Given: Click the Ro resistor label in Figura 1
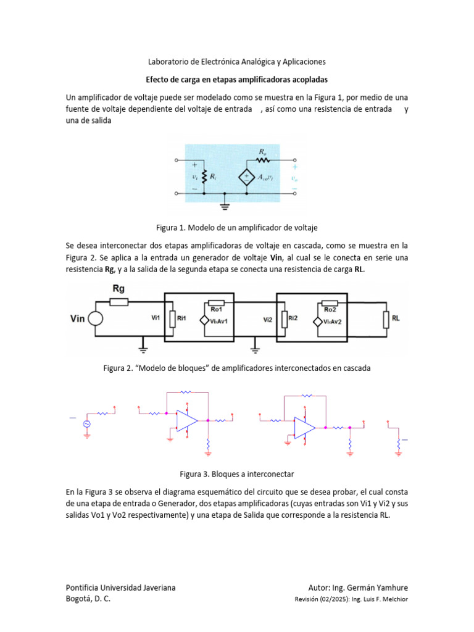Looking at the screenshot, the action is pyautogui.click(x=264, y=151).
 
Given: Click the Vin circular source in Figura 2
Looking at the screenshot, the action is pyautogui.click(x=95, y=319).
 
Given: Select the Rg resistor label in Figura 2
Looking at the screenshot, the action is pyautogui.click(x=120, y=289).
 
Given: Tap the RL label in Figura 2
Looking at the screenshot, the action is pyautogui.click(x=396, y=319).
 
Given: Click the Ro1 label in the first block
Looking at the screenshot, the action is pyautogui.click(x=217, y=309).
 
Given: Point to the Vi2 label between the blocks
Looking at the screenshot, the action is pyautogui.click(x=267, y=320).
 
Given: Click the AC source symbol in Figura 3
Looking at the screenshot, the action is pyautogui.click(x=87, y=423).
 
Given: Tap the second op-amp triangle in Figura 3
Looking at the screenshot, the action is pyautogui.click(x=304, y=426).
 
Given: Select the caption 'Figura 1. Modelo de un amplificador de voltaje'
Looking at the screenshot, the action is pyautogui.click(x=236, y=227).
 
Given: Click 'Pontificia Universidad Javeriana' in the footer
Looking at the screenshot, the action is pyautogui.click(x=120, y=587).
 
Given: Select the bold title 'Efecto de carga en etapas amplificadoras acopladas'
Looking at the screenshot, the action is pyautogui.click(x=236, y=80).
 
